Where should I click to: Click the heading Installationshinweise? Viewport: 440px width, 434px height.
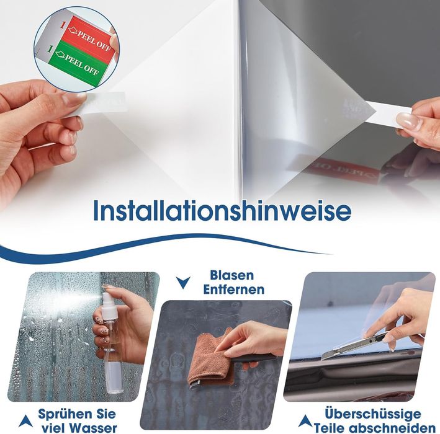[x=222, y=211]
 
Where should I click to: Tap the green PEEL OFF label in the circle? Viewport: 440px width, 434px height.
[x=81, y=64]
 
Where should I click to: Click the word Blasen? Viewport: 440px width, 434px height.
[x=231, y=275]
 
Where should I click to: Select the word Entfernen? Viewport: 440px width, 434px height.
[x=234, y=290]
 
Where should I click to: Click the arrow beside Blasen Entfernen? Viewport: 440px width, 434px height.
[x=184, y=282]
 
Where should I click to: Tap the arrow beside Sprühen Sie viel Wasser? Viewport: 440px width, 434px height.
[x=26, y=421]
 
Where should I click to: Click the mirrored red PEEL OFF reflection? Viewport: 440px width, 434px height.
[x=343, y=168]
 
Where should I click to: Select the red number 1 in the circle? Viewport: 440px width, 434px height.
[x=63, y=25]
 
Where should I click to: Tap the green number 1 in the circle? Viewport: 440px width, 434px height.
[x=50, y=48]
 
